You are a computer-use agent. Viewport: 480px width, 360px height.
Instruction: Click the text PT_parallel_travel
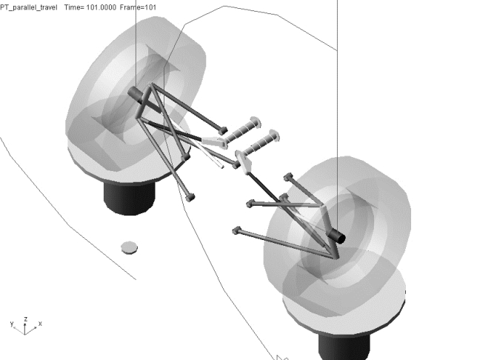tap(28, 7)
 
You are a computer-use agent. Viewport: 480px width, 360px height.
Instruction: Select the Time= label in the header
tap(74, 7)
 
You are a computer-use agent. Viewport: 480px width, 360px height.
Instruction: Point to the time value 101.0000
tap(101, 7)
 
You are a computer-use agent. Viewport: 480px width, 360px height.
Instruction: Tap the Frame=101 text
tap(138, 7)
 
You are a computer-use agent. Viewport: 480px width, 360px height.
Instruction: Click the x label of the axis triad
tap(40, 323)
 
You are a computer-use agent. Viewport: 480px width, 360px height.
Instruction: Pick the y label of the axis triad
tap(12, 324)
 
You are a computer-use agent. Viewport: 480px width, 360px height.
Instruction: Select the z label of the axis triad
tap(26, 319)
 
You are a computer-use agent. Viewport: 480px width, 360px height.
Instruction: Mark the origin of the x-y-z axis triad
tap(24, 334)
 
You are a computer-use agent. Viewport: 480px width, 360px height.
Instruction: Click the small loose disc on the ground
tap(129, 247)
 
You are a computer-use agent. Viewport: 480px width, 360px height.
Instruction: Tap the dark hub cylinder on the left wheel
tap(136, 95)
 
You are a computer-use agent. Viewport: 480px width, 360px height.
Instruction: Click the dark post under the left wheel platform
tap(129, 198)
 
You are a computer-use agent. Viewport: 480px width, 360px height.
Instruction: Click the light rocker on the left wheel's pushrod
tap(214, 141)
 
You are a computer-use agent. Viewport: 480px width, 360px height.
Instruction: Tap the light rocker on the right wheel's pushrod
tap(244, 161)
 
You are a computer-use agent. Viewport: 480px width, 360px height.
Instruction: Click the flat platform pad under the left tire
tap(129, 165)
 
